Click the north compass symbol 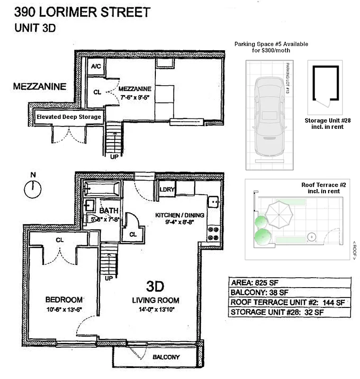[33, 189]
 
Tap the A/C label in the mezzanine [95, 67]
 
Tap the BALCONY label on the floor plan [166, 357]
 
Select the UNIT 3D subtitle [36, 27]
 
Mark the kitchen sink [214, 203]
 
